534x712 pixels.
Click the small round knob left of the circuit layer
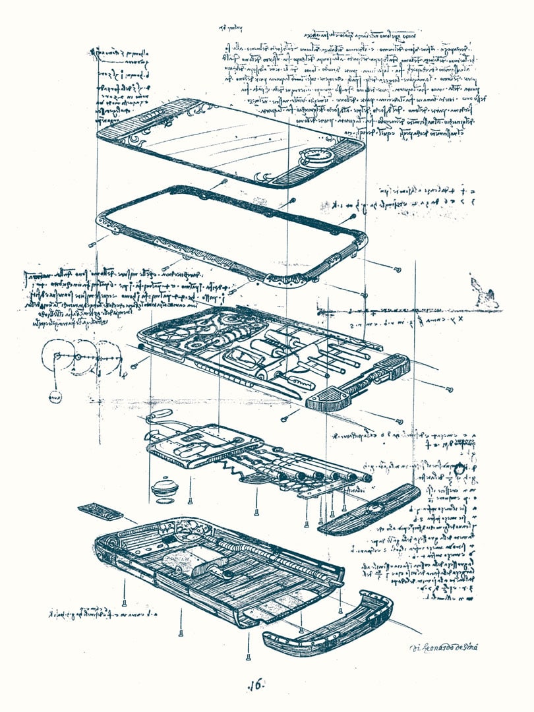coord(165,489)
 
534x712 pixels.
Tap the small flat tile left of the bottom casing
coord(100,512)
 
